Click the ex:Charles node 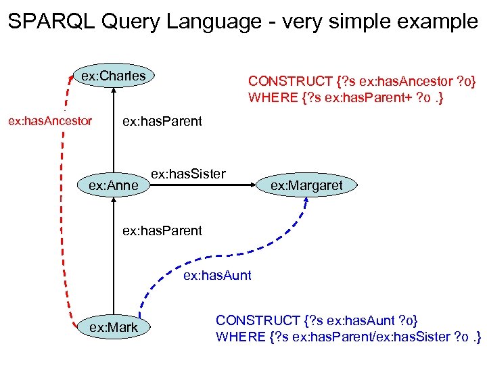[x=113, y=76]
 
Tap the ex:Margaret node [x=306, y=185]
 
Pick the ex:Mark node [x=113, y=327]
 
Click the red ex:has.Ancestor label [x=49, y=122]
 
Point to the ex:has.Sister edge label [x=187, y=174]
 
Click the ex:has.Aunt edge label [x=217, y=275]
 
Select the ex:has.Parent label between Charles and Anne [x=161, y=122]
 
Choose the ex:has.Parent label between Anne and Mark [x=162, y=230]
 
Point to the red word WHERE [x=272, y=98]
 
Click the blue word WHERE [x=239, y=336]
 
